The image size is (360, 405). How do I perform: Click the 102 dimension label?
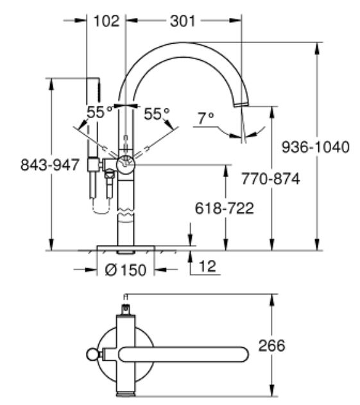point(106,21)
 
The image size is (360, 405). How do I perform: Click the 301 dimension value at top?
point(184,21)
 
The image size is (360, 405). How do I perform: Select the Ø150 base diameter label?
point(125,270)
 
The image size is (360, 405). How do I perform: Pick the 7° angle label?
point(205,117)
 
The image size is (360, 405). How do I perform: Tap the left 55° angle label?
point(99,113)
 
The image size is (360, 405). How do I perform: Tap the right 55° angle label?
point(157,114)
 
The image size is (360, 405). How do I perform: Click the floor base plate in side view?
point(126,248)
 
